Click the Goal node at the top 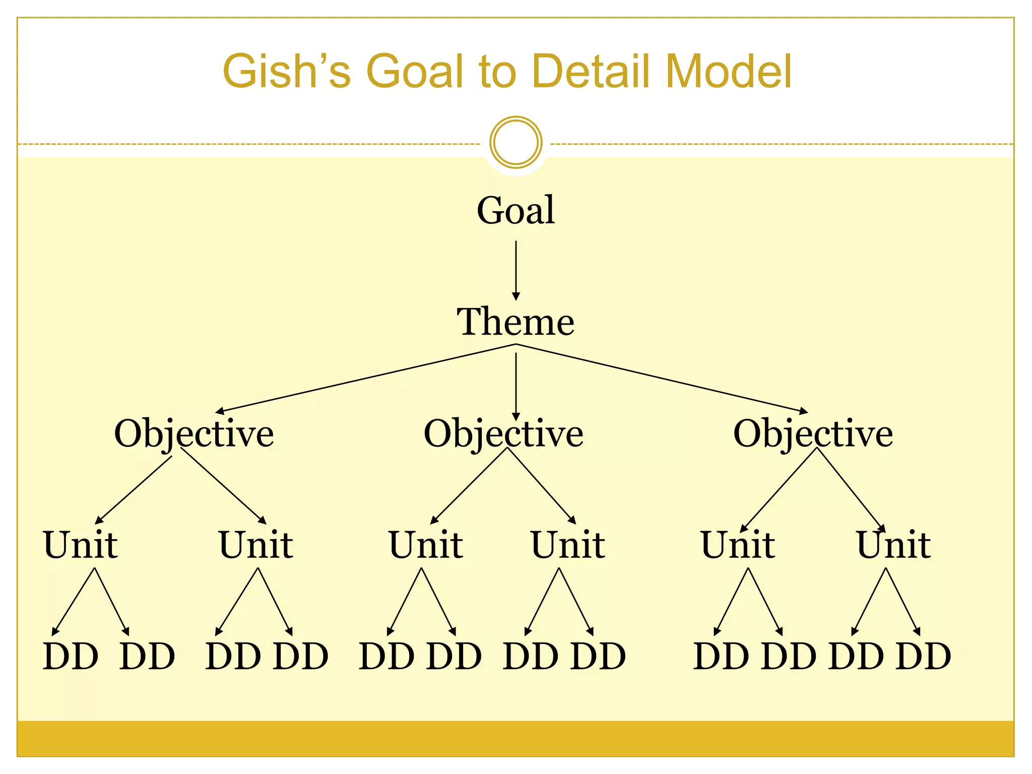click(515, 210)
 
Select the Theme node click(515, 322)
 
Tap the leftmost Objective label click(194, 433)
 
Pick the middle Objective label click(503, 433)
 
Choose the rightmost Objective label click(813, 433)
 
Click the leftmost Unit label click(81, 545)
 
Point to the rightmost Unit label click(893, 545)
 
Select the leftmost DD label click(71, 657)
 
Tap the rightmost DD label click(924, 657)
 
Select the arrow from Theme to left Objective click(368, 378)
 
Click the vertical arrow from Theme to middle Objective click(515, 385)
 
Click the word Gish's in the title click(286, 72)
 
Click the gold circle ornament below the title click(515, 142)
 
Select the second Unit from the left click(256, 545)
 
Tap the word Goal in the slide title click(415, 72)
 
